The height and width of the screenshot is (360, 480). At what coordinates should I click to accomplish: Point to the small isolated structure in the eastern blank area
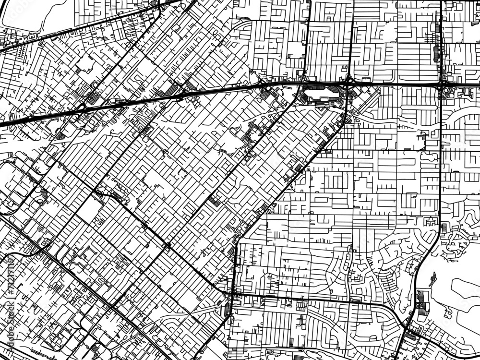434,278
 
